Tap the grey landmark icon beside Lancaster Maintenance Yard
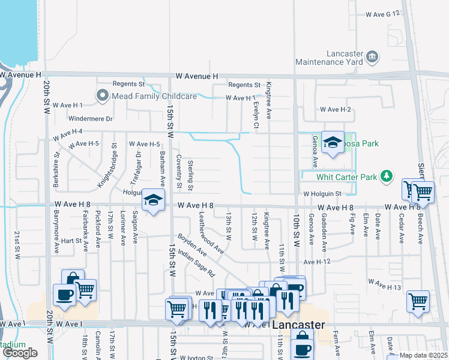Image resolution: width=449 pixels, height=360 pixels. coord(372,58)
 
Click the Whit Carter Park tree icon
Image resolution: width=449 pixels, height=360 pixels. coord(388,176)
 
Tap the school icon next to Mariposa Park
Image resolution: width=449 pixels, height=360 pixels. coord(332,143)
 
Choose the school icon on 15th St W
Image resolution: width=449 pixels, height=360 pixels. coord(153,200)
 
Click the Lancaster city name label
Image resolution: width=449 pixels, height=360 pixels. coord(298,325)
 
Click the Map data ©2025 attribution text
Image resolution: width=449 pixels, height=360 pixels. coord(424,355)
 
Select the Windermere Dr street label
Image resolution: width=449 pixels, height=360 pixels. coord(90,119)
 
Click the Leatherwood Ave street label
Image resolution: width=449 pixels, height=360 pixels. coord(211,232)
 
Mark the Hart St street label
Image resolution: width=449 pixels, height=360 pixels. coord(71,241)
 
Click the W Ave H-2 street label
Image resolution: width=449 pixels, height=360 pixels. coord(335,110)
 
